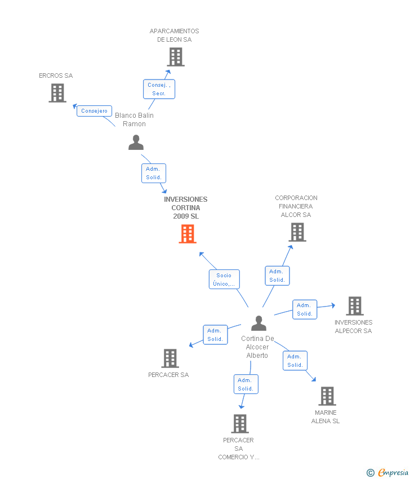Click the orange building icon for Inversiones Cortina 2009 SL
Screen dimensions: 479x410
pos(188,234)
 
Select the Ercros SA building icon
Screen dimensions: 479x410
pos(57,93)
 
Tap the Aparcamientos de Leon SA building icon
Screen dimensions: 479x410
pos(176,57)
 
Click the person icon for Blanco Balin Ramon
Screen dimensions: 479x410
pos(136,143)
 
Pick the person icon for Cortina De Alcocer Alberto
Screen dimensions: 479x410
pos(259,323)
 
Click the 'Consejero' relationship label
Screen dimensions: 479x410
pos(94,111)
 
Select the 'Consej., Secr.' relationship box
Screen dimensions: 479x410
pos(159,89)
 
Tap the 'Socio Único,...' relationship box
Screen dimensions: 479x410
pos(224,280)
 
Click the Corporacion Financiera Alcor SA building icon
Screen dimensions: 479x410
pos(297,232)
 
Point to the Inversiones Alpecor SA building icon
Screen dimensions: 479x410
pos(354,306)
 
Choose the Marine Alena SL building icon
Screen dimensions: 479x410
pos(327,396)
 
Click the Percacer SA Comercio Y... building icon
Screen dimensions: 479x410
pos(240,424)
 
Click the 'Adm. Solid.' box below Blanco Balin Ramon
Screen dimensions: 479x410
pos(153,173)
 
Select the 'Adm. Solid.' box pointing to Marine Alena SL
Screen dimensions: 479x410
pos(295,361)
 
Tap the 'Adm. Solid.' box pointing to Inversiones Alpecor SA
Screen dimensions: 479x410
pos(305,309)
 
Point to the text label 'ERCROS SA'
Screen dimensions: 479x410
pos(56,76)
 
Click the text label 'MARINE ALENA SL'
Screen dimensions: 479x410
pos(326,417)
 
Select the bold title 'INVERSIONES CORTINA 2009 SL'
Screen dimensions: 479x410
pos(186,207)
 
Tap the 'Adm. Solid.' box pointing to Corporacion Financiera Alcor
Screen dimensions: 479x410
pos(277,276)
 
